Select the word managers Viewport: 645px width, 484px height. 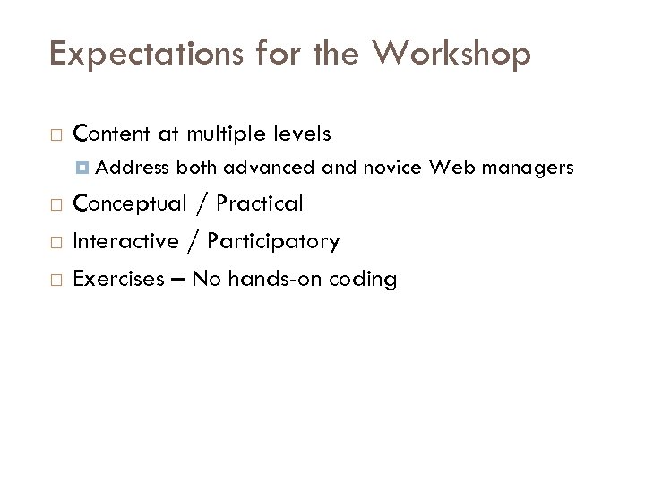pyautogui.click(x=530, y=167)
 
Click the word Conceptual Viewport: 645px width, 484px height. pyautogui.click(x=129, y=204)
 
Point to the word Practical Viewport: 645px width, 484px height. pyautogui.click(x=261, y=204)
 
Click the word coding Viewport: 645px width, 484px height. pyautogui.click(x=364, y=280)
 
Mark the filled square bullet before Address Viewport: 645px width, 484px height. pyautogui.click(x=83, y=168)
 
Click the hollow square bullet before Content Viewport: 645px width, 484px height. pyautogui.click(x=56, y=135)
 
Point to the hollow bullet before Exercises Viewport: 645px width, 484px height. pyautogui.click(x=56, y=280)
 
